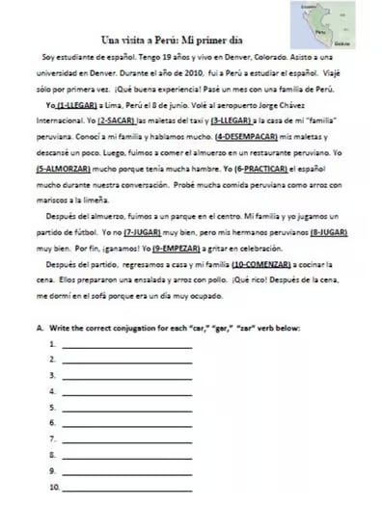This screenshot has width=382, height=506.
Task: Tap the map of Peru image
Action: click(322, 26)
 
